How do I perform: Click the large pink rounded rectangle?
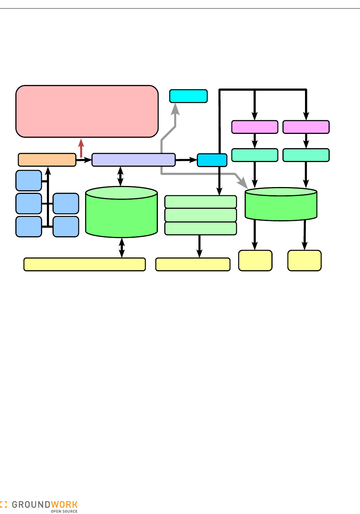87,111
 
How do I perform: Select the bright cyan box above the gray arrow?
188,96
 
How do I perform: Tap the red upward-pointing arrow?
81,148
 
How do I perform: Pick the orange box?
47,160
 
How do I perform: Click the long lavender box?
134,160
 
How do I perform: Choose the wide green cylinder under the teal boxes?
281,205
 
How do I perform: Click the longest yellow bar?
85,264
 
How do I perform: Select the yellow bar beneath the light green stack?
193,264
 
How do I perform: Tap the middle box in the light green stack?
201,215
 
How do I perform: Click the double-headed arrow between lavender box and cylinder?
120,176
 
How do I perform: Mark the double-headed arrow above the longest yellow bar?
122,248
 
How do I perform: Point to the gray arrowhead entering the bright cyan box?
175,109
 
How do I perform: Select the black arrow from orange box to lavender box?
84,160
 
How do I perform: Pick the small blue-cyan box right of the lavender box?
212,160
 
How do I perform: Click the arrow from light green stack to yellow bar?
199,246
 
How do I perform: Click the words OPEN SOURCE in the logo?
64,512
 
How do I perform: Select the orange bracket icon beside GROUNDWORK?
4,505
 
